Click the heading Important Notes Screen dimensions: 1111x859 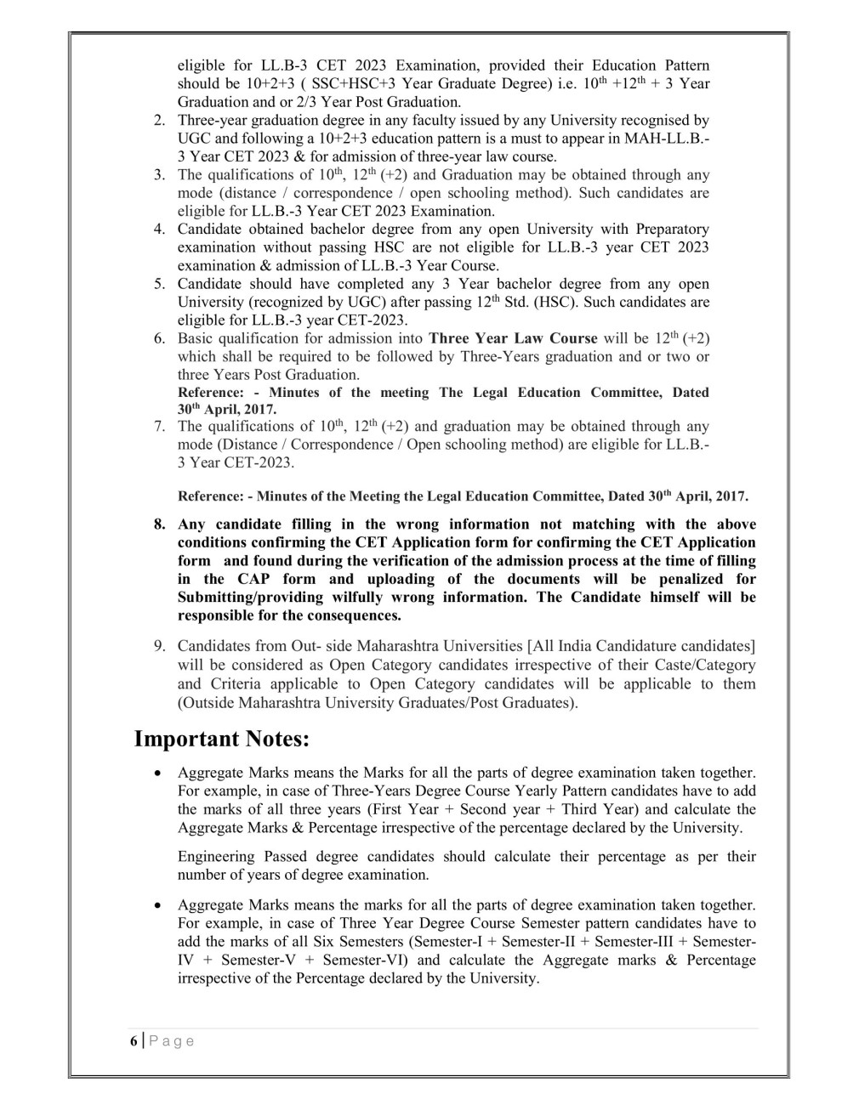[x=221, y=739]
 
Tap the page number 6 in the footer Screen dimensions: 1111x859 [x=134, y=1041]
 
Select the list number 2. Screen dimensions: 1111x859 [x=159, y=121]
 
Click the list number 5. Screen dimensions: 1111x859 [x=159, y=284]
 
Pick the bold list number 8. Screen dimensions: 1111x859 [x=159, y=524]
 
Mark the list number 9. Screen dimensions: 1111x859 [x=159, y=646]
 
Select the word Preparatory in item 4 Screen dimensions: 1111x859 [x=675, y=230]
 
